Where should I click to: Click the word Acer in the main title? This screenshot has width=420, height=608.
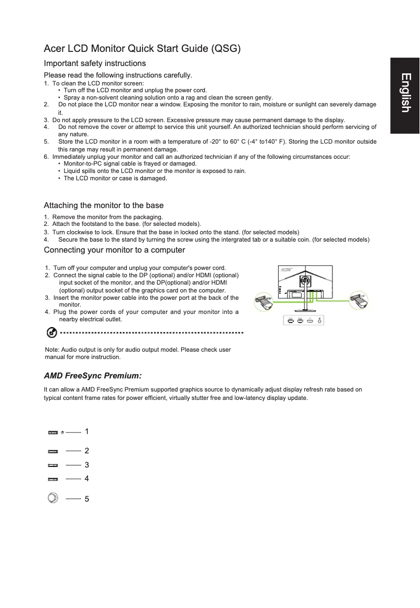[x=56, y=49]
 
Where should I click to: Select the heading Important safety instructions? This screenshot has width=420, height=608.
[x=95, y=63]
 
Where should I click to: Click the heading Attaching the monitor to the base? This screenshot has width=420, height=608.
[x=104, y=205]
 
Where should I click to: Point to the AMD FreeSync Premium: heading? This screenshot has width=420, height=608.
[x=93, y=376]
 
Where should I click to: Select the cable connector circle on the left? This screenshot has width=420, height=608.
[x=263, y=302]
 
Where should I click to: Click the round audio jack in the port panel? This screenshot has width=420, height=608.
[x=320, y=320]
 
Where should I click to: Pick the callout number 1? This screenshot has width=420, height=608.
[x=87, y=431]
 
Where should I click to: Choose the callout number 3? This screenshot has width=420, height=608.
[x=87, y=465]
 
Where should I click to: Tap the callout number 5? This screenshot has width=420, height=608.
[x=87, y=499]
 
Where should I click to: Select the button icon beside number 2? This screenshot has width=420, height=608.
[x=52, y=451]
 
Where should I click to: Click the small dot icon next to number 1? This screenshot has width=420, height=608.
[x=62, y=432]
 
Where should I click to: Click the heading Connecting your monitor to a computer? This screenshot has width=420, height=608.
[x=114, y=249]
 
